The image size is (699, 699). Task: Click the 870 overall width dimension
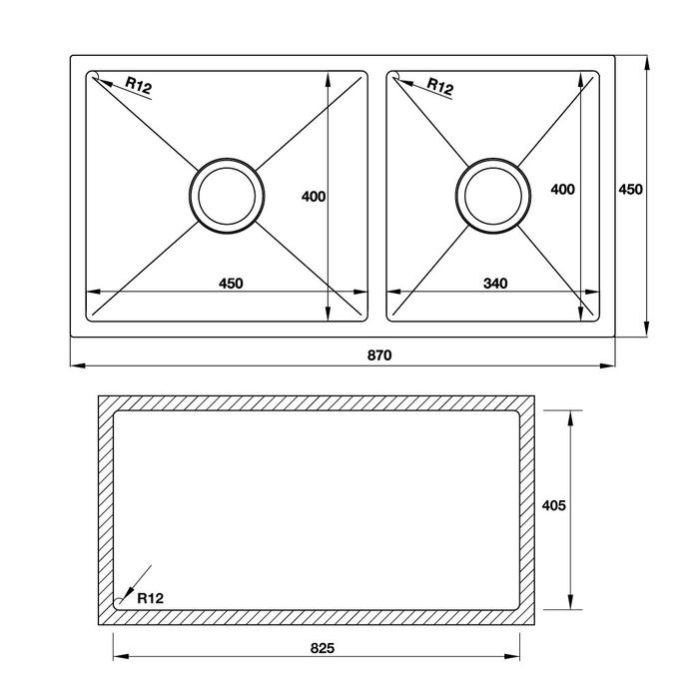pyautogui.click(x=379, y=354)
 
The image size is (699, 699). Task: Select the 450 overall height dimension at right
pyautogui.click(x=631, y=190)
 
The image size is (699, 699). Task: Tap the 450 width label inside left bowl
pyautogui.click(x=231, y=283)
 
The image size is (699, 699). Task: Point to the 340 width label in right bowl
pyautogui.click(x=495, y=283)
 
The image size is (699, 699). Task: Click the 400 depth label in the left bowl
pyautogui.click(x=314, y=196)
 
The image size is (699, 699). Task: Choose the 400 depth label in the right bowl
pyautogui.click(x=562, y=189)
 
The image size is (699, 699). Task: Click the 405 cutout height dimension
pyautogui.click(x=553, y=505)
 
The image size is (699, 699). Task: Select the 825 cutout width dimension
pyautogui.click(x=323, y=648)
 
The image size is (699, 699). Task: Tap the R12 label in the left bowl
pyautogui.click(x=139, y=85)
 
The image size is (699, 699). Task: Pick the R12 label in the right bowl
pyautogui.click(x=440, y=86)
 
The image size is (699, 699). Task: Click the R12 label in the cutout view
pyautogui.click(x=150, y=598)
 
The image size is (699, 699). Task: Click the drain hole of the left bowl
pyautogui.click(x=227, y=196)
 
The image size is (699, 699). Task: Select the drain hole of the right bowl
pyautogui.click(x=493, y=196)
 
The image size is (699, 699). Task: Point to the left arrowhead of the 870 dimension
pyautogui.click(x=79, y=366)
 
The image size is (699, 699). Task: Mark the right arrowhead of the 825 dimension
pyautogui.click(x=512, y=657)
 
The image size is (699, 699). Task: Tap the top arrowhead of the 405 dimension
pyautogui.click(x=570, y=418)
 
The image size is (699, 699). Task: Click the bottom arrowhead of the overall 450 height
pyautogui.click(x=647, y=329)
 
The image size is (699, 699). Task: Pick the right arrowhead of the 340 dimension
pyautogui.click(x=591, y=292)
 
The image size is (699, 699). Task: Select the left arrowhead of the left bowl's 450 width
pyautogui.click(x=94, y=292)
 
